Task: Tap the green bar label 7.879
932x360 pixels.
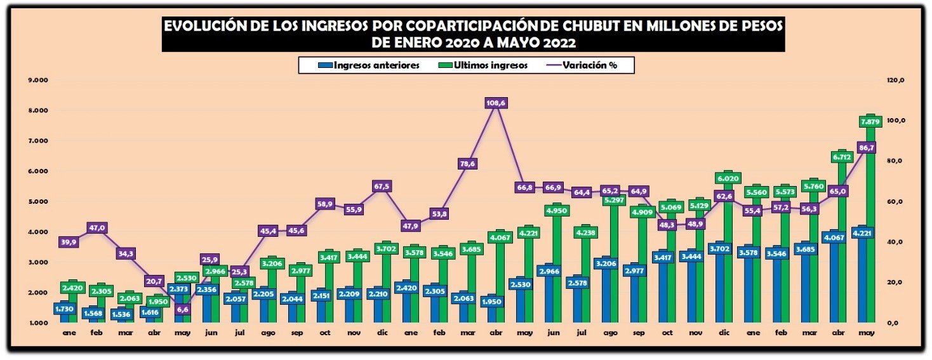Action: pyautogui.click(x=869, y=121)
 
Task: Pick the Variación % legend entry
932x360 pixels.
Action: pyautogui.click(x=590, y=65)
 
